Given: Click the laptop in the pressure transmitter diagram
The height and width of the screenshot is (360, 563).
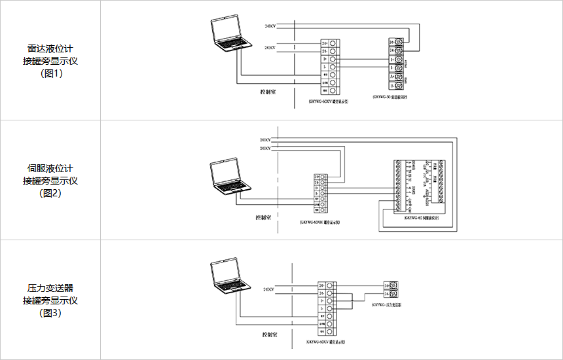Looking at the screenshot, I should [229, 278].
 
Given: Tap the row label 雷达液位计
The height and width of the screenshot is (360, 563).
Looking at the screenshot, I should [50, 48].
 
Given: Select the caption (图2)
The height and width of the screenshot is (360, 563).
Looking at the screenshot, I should [50, 193].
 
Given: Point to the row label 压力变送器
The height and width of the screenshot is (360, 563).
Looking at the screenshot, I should [50, 288].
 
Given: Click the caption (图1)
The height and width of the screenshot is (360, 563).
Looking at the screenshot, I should [50, 73].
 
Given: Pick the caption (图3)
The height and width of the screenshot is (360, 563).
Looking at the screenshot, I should [50, 313].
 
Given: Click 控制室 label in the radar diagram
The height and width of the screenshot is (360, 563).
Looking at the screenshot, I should [268, 92].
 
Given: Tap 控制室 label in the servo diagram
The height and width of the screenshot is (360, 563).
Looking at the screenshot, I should [264, 216].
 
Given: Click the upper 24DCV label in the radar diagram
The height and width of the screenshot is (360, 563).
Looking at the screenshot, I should [270, 26].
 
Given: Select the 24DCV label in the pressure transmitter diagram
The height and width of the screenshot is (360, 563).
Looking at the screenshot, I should [269, 289].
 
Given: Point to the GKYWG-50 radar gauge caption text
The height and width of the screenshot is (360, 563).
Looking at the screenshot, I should [390, 96].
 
